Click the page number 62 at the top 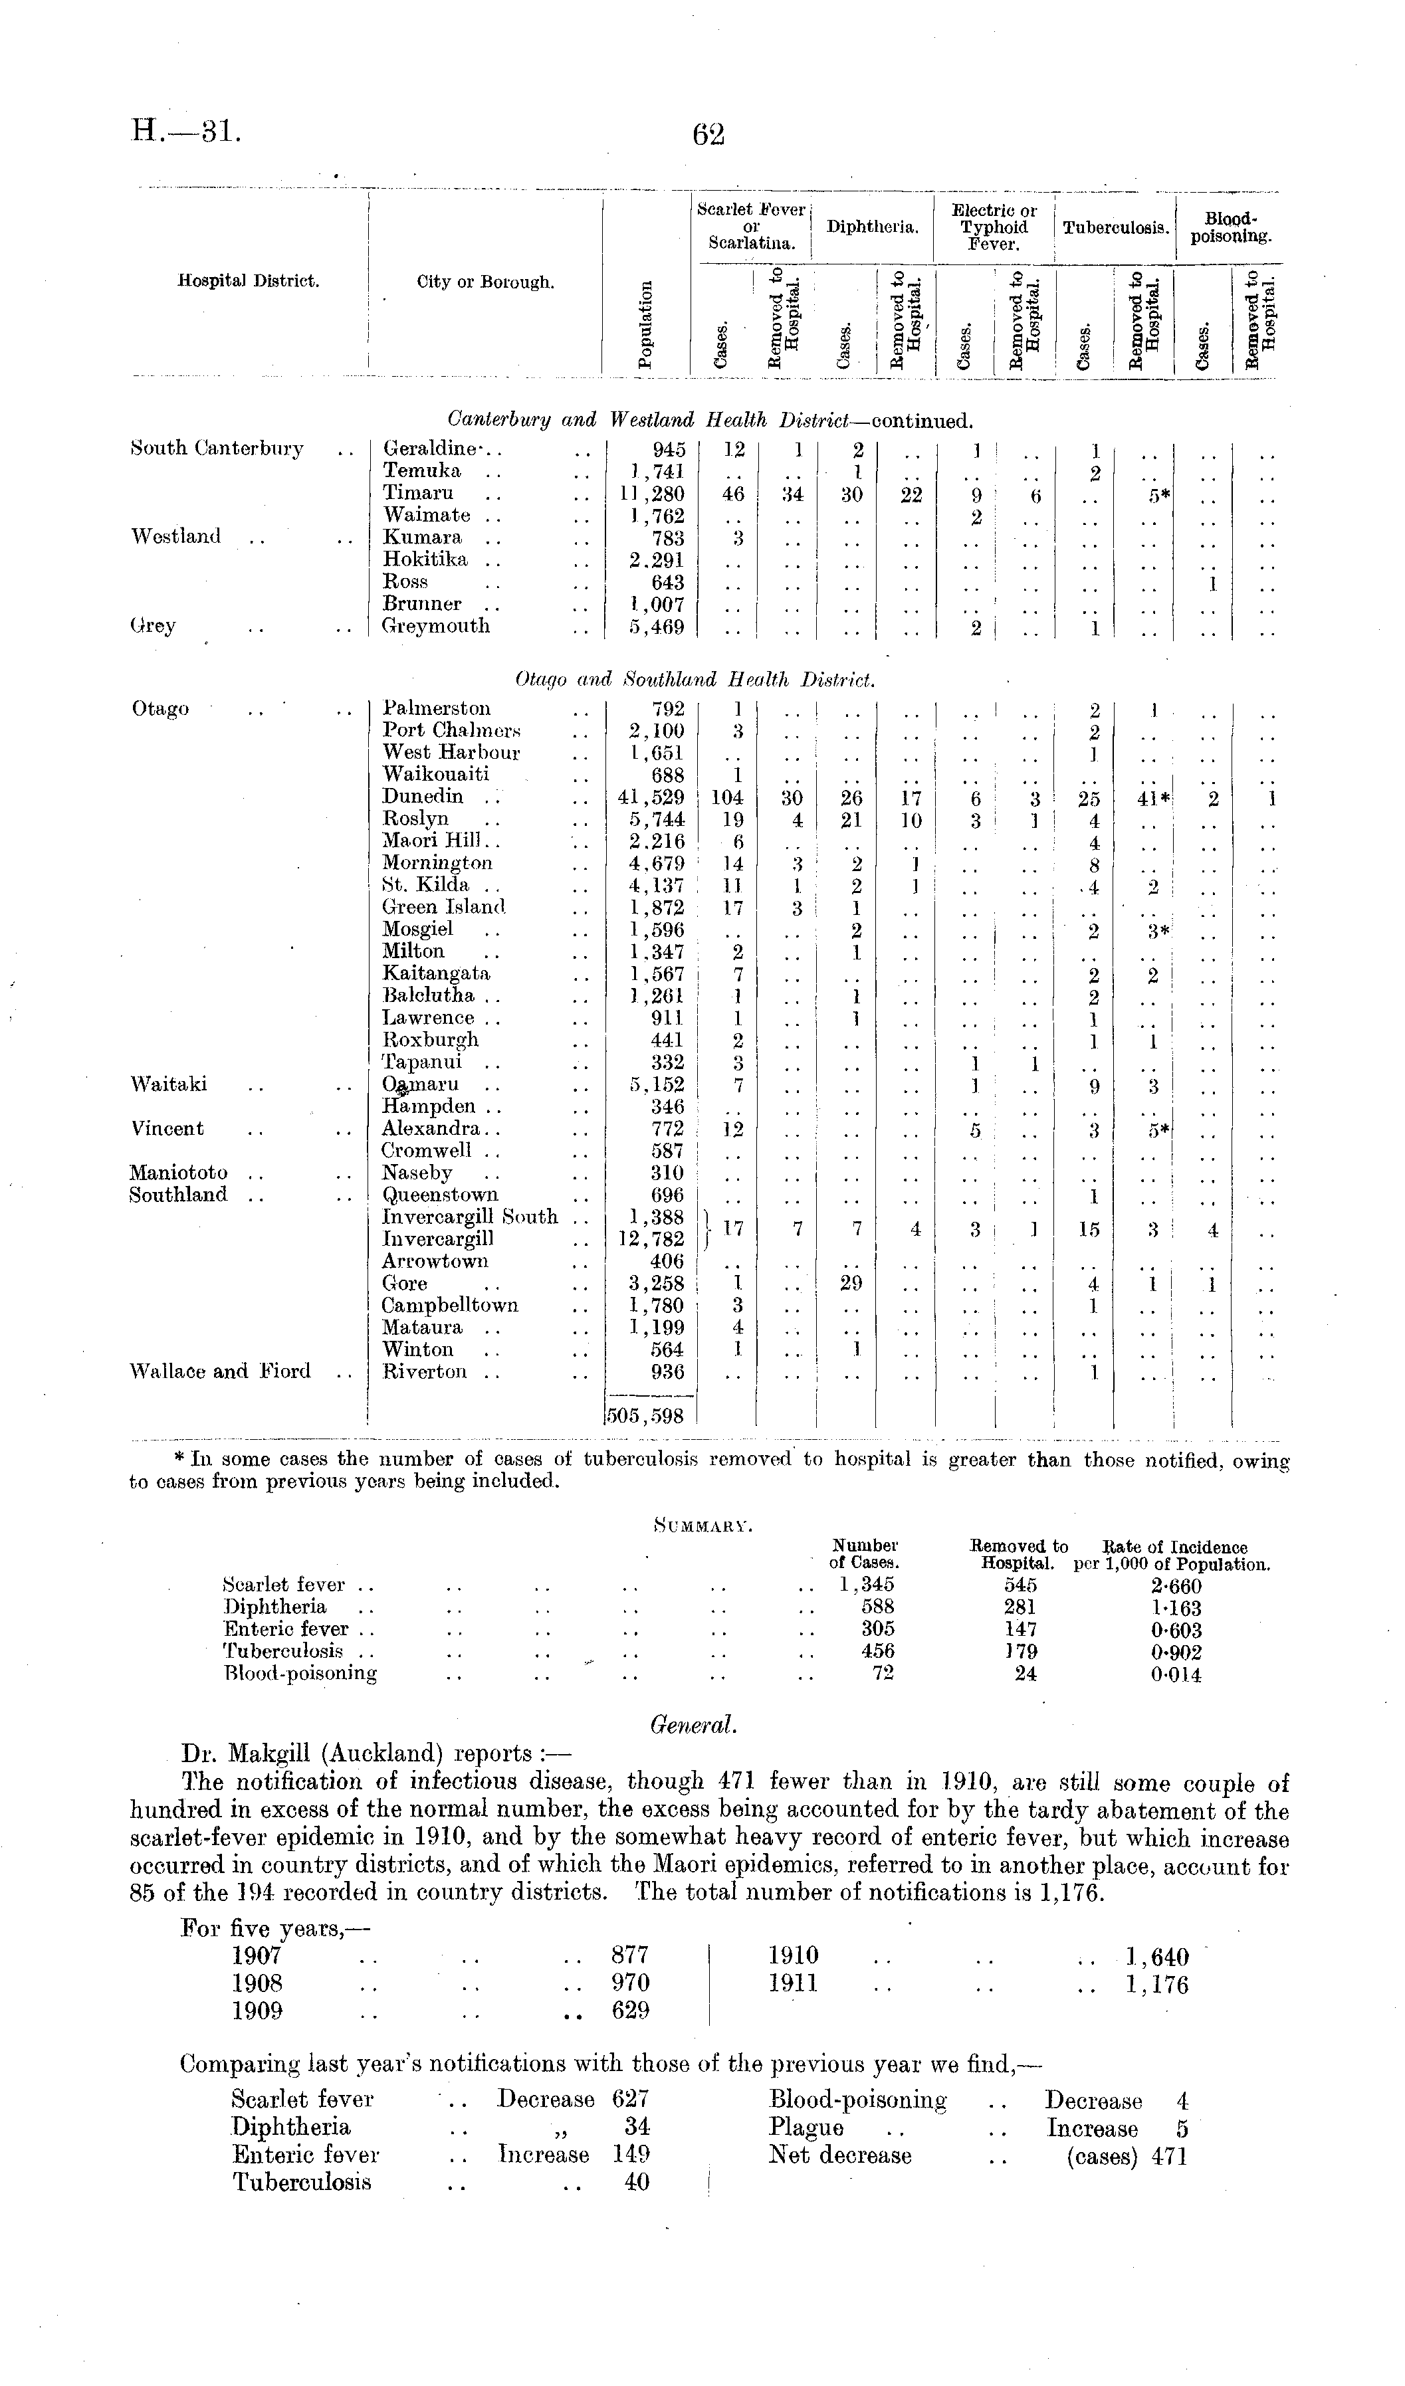point(708,136)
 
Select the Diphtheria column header point(873,227)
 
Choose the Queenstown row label point(439,1195)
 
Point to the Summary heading point(702,1526)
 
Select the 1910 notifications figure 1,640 point(1157,1956)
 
